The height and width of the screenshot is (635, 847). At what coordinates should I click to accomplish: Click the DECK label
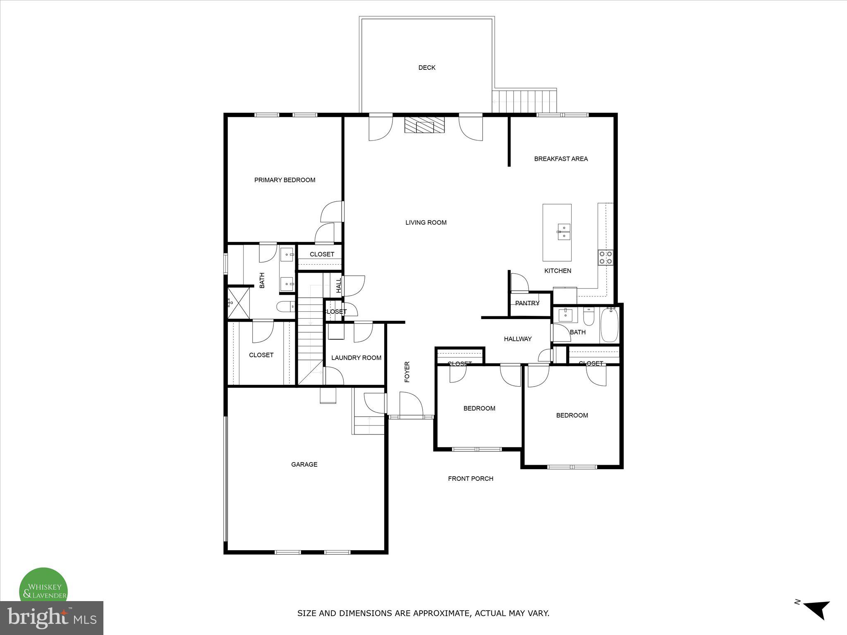pos(426,68)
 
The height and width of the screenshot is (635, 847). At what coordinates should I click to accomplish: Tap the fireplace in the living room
pos(425,125)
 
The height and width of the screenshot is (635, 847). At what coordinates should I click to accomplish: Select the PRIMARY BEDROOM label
pos(285,180)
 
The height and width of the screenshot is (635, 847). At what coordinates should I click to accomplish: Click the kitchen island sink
pos(563,232)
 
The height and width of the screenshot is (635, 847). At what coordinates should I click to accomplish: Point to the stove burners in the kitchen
pos(605,258)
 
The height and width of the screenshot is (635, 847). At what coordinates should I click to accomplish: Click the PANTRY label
pos(527,303)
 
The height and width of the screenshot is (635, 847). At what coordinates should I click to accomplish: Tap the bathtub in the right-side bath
pos(609,325)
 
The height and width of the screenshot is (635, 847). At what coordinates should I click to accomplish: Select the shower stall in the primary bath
pos(239,303)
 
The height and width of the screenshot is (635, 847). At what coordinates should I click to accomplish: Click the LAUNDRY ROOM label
pos(356,358)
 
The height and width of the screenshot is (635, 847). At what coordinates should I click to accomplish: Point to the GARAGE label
pos(304,464)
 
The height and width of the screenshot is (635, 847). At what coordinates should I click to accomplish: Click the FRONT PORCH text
pos(471,478)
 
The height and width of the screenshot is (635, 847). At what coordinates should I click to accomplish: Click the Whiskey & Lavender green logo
pos(43,586)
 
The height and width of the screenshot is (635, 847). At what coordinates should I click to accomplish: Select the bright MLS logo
pos(51,618)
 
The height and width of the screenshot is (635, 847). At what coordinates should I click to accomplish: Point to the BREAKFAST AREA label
pos(560,159)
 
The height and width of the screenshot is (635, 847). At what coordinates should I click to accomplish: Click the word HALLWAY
pos(517,339)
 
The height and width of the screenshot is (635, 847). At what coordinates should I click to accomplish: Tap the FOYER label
pos(407,372)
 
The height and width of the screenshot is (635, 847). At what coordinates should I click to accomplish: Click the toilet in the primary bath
pos(285,307)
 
